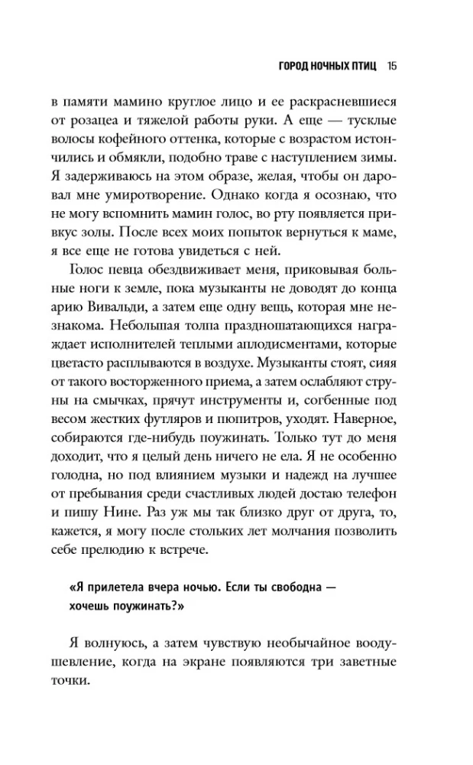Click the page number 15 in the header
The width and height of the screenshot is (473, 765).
(x=392, y=66)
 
